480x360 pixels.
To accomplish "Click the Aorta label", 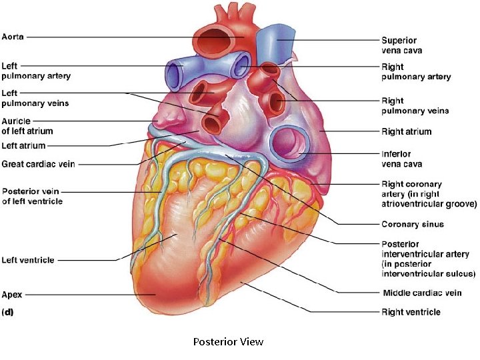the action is (x=13, y=37).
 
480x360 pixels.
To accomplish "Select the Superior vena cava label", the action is (x=401, y=45).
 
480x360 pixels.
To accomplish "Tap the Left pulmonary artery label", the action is (x=36, y=71).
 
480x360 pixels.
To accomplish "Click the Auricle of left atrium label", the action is (x=27, y=126).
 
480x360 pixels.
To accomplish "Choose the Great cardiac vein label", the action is (x=39, y=163).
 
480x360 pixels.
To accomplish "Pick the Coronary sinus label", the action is (x=412, y=225).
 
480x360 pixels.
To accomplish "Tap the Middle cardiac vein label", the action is (x=422, y=293).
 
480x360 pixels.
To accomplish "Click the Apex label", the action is (x=13, y=294).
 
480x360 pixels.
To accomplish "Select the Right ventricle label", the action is (x=411, y=311).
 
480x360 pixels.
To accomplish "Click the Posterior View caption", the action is (x=228, y=342).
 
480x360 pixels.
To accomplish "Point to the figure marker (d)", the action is (x=9, y=311).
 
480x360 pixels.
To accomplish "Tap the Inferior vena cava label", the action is (x=401, y=159).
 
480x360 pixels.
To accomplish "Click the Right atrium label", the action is (x=406, y=132).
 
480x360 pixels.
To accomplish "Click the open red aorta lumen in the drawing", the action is (x=220, y=40).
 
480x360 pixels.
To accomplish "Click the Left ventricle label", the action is (x=28, y=260).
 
